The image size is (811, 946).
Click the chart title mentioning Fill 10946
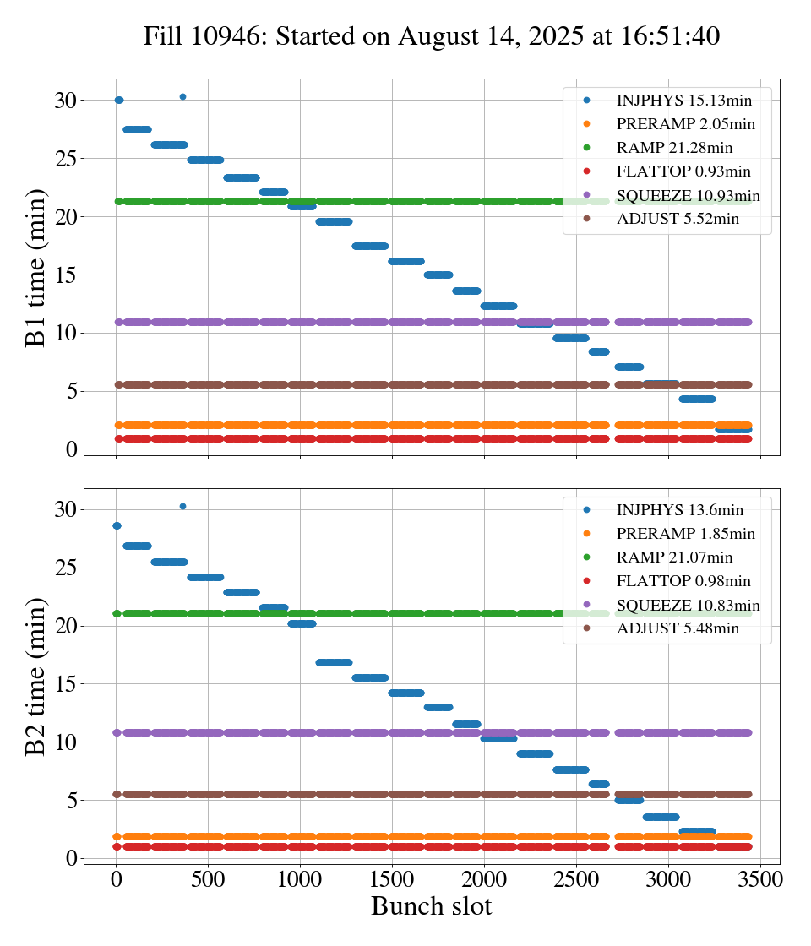tap(431, 36)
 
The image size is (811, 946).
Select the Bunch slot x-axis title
tap(431, 906)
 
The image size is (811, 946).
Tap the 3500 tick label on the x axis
tap(760, 878)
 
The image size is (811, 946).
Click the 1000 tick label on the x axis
tap(300, 878)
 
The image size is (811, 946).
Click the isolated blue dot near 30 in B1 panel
tap(182, 96)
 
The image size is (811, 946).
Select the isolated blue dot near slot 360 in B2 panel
tap(182, 506)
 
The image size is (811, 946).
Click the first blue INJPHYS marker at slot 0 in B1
tap(119, 101)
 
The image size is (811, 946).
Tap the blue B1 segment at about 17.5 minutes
tap(370, 246)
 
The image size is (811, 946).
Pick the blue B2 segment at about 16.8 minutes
tap(334, 662)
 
